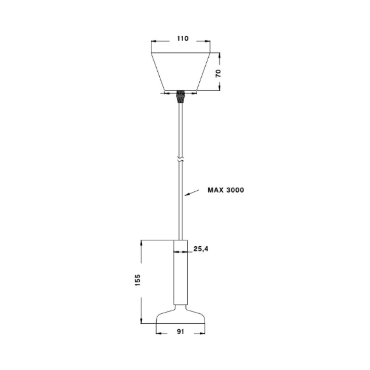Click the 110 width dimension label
coord(183,39)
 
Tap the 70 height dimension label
coord(218,73)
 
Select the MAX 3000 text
coord(226,190)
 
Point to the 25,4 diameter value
coord(201,249)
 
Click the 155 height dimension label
coord(138,280)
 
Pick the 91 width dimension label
coord(180,332)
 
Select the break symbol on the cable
coord(181,160)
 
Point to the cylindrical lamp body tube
coord(181,272)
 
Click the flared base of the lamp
coord(181,317)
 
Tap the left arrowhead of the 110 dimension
coord(153,41)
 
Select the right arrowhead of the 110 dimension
coord(208,41)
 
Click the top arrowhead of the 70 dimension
coord(219,55)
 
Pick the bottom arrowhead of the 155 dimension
coord(141,321)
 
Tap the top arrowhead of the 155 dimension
coord(141,243)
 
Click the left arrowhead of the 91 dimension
coord(159,333)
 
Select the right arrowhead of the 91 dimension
coord(202,333)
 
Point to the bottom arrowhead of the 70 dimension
coord(219,88)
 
